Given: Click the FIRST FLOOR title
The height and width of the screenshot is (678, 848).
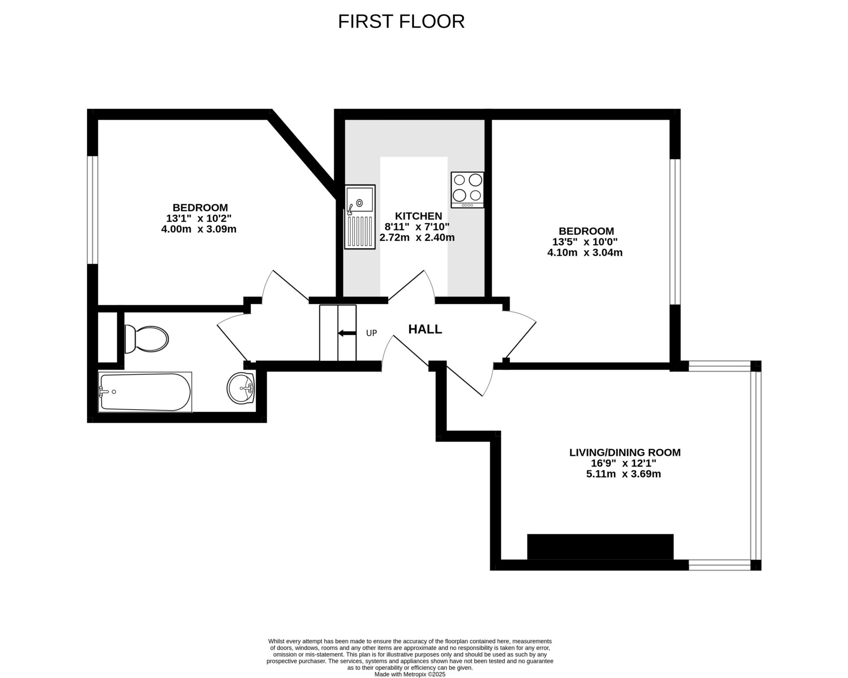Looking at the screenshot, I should point(401,22).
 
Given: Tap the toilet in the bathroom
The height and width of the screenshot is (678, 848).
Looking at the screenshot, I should point(147,339).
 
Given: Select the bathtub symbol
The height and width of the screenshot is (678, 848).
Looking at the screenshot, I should point(145,392).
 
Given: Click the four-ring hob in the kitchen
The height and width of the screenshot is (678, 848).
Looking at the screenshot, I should point(467,189).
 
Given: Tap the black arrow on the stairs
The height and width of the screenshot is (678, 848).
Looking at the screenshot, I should point(347,333).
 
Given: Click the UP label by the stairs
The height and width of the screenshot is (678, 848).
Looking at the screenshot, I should point(371,333).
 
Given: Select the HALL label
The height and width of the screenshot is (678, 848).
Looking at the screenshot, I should point(425,329).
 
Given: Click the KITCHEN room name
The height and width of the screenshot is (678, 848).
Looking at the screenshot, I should point(418,216).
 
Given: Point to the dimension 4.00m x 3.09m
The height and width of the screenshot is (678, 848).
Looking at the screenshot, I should point(199,229).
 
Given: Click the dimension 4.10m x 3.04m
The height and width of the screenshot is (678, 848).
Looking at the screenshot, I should point(585,252).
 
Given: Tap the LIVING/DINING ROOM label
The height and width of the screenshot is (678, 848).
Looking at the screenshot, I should point(625,452).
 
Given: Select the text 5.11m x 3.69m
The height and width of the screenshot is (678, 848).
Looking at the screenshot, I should point(623,475).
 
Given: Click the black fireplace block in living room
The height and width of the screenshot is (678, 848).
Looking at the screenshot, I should point(600,546).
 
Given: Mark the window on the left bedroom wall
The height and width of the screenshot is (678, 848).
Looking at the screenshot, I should point(92,210).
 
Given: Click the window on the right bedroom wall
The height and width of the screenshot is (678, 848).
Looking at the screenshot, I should point(675,232).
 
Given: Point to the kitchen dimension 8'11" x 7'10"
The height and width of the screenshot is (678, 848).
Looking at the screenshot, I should point(417,227).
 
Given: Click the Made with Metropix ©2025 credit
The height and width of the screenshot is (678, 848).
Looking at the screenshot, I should point(410,674).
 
